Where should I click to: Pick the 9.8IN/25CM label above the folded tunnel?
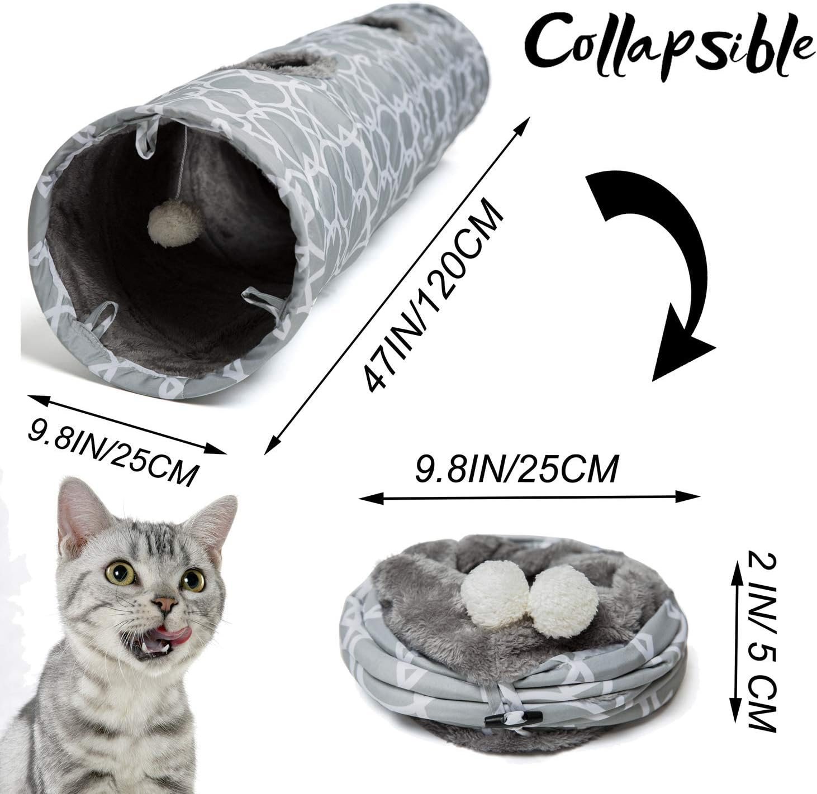[517, 469]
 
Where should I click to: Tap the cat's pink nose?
[165, 604]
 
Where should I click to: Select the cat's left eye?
[120, 573]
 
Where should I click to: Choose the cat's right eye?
[193, 580]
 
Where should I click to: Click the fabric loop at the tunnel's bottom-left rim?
[100, 319]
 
